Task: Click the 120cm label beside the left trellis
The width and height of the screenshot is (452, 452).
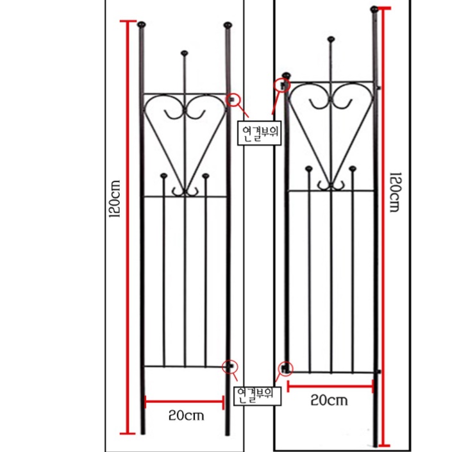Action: point(115,199)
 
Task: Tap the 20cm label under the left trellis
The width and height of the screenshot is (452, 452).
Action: point(187,415)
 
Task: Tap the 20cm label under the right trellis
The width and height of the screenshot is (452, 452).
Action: point(329,401)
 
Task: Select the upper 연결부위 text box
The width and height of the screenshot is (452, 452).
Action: point(260,133)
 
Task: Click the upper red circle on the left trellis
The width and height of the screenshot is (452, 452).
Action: point(235,99)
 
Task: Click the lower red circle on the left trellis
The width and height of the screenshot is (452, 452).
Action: point(230,365)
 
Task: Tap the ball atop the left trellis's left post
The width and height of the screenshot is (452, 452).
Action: point(142,25)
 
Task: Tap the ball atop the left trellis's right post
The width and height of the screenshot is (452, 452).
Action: point(228,25)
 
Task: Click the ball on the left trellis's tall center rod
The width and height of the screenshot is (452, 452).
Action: point(185,51)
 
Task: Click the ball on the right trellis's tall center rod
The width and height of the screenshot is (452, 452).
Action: point(331,39)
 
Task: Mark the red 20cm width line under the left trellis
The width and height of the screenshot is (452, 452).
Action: point(185,402)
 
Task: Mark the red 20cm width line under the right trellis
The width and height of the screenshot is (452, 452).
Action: point(330,386)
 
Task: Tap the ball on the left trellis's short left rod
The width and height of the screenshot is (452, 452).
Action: point(163,175)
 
